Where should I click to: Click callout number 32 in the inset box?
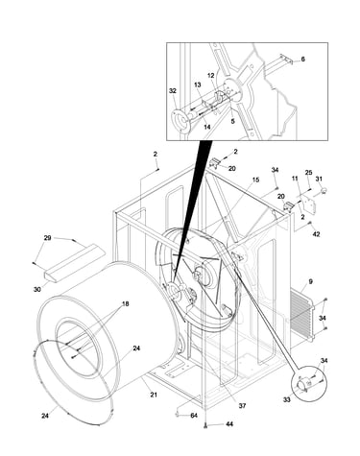tap(173, 91)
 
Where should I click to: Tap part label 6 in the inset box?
tap(302, 60)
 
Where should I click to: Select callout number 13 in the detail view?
tap(198, 84)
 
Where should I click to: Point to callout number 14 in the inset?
tap(207, 127)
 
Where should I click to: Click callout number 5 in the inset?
tap(232, 121)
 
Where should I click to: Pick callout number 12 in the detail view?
tap(210, 76)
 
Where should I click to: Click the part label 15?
tap(255, 180)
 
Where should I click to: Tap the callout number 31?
tap(319, 179)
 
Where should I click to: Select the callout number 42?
tap(316, 234)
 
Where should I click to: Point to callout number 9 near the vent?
tap(310, 282)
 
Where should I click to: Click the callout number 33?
tap(287, 399)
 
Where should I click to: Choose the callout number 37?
tap(242, 406)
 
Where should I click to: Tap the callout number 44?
tap(229, 424)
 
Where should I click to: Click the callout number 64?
tap(194, 416)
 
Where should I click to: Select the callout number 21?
tap(154, 395)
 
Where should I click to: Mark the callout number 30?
tap(37, 289)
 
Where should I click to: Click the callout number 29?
tap(47, 238)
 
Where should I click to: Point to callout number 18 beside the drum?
tap(126, 303)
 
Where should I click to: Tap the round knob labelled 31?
tap(324, 190)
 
